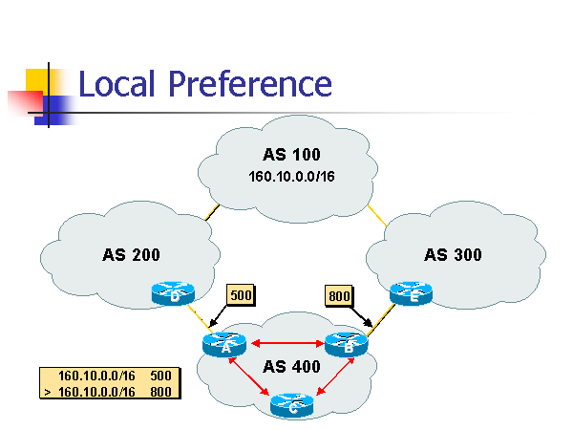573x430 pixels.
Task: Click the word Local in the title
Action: [117, 84]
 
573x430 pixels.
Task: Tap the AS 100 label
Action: [291, 155]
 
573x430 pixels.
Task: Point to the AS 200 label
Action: [131, 255]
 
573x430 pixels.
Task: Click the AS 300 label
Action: [453, 255]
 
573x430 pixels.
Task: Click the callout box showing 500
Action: [241, 295]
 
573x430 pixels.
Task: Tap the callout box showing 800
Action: [338, 295]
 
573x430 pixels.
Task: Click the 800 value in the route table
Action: [160, 391]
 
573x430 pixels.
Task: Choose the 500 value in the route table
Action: [160, 376]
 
